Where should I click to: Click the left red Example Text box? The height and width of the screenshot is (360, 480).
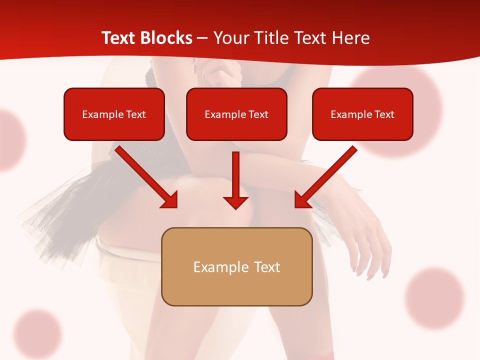coord(114,114)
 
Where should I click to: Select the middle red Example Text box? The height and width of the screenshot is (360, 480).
coord(236,114)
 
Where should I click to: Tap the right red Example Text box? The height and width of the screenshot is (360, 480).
coord(362,114)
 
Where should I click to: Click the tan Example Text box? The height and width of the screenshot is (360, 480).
coord(236,266)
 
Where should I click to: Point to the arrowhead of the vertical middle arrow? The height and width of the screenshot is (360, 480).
coord(235,202)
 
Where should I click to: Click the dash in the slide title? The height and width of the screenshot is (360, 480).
coord(202,38)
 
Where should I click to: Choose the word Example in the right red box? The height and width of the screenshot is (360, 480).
coord(350,114)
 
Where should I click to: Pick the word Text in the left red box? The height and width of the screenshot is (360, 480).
coord(135,114)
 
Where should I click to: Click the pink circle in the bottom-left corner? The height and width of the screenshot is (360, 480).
coord(37,333)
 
